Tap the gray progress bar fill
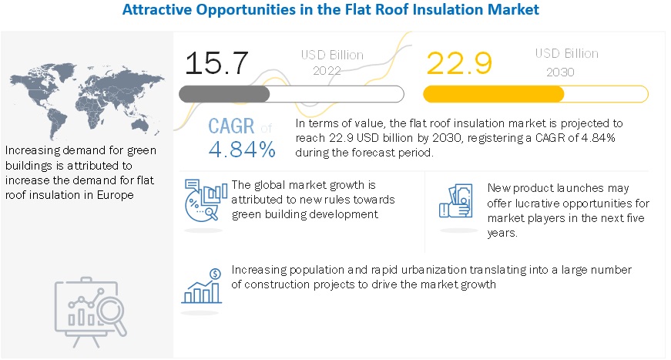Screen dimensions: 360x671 (x=224, y=94)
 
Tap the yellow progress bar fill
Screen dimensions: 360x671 (x=494, y=94)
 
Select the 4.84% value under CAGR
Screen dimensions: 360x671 (x=241, y=150)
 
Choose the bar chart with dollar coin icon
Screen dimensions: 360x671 (x=203, y=284)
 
